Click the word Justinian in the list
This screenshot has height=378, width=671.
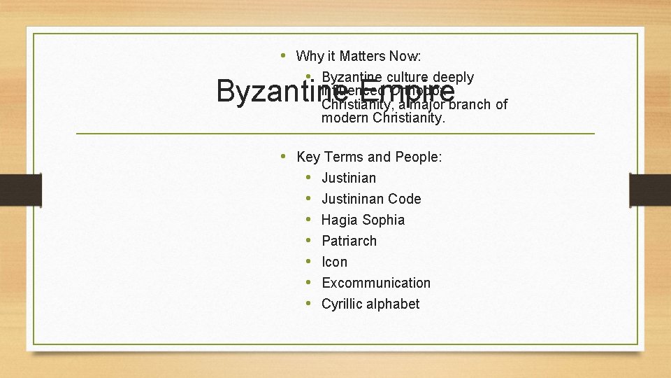348,178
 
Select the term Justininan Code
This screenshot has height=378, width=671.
371,199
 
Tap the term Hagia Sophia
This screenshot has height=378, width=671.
363,220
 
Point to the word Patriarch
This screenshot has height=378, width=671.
349,241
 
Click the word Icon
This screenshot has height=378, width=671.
334,262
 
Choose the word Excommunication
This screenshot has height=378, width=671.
376,283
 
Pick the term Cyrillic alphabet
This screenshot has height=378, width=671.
370,304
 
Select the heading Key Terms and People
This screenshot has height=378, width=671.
369,157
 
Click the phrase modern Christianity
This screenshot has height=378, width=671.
383,119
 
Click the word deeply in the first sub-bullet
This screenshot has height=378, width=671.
454,77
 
